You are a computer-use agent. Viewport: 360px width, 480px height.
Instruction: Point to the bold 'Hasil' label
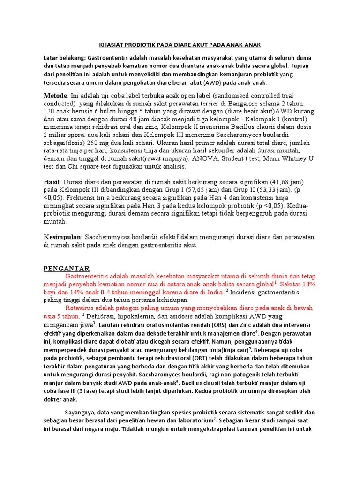[52, 181]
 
